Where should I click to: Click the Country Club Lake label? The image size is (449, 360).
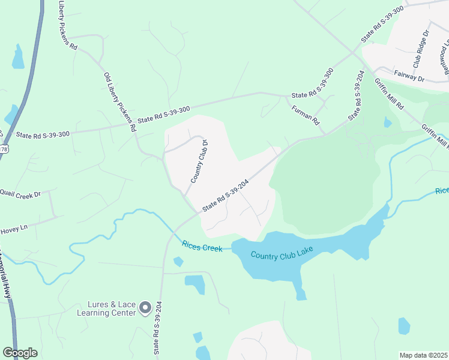tap(280, 255)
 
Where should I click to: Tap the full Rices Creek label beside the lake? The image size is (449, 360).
tap(202, 246)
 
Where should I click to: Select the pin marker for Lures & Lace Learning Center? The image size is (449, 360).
tap(145, 308)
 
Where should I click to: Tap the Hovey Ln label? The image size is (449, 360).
tap(14, 228)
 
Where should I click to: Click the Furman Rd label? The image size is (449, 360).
tap(305, 114)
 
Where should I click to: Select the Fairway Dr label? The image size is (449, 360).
tap(409, 78)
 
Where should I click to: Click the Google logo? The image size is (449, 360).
tap(20, 352)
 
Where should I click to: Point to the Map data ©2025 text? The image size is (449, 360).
tap(423, 355)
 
